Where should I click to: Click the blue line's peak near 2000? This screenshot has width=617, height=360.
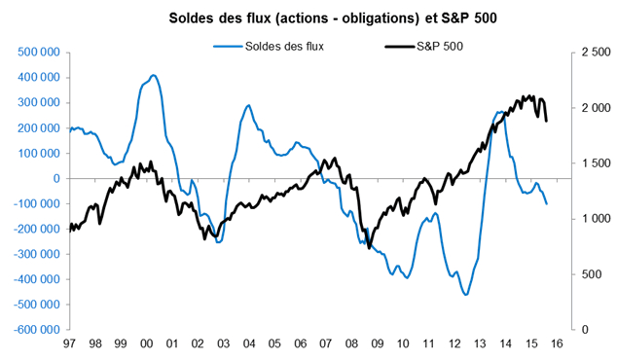coord(153,75)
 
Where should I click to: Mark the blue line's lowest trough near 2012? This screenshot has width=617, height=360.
coord(466,294)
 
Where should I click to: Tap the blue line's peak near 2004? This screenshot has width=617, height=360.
coord(248,105)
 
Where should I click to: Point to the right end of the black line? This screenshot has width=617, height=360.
coord(546,121)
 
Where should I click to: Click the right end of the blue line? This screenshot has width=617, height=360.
coord(546,203)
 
